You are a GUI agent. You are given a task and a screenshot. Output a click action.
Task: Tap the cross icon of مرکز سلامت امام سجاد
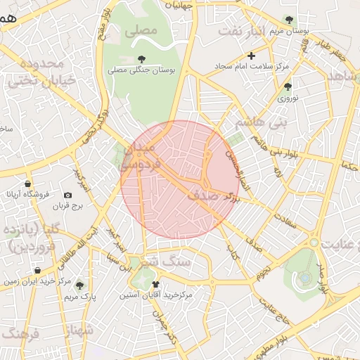(251, 55)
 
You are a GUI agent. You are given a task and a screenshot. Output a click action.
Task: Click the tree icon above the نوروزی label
(288, 86)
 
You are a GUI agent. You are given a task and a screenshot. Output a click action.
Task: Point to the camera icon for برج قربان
(67, 195)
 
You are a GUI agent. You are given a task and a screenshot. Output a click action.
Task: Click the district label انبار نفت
(240, 31)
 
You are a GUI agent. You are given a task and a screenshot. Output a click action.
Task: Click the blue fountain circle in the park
(304, 277)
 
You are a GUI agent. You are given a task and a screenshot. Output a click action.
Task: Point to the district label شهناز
(81, 331)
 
